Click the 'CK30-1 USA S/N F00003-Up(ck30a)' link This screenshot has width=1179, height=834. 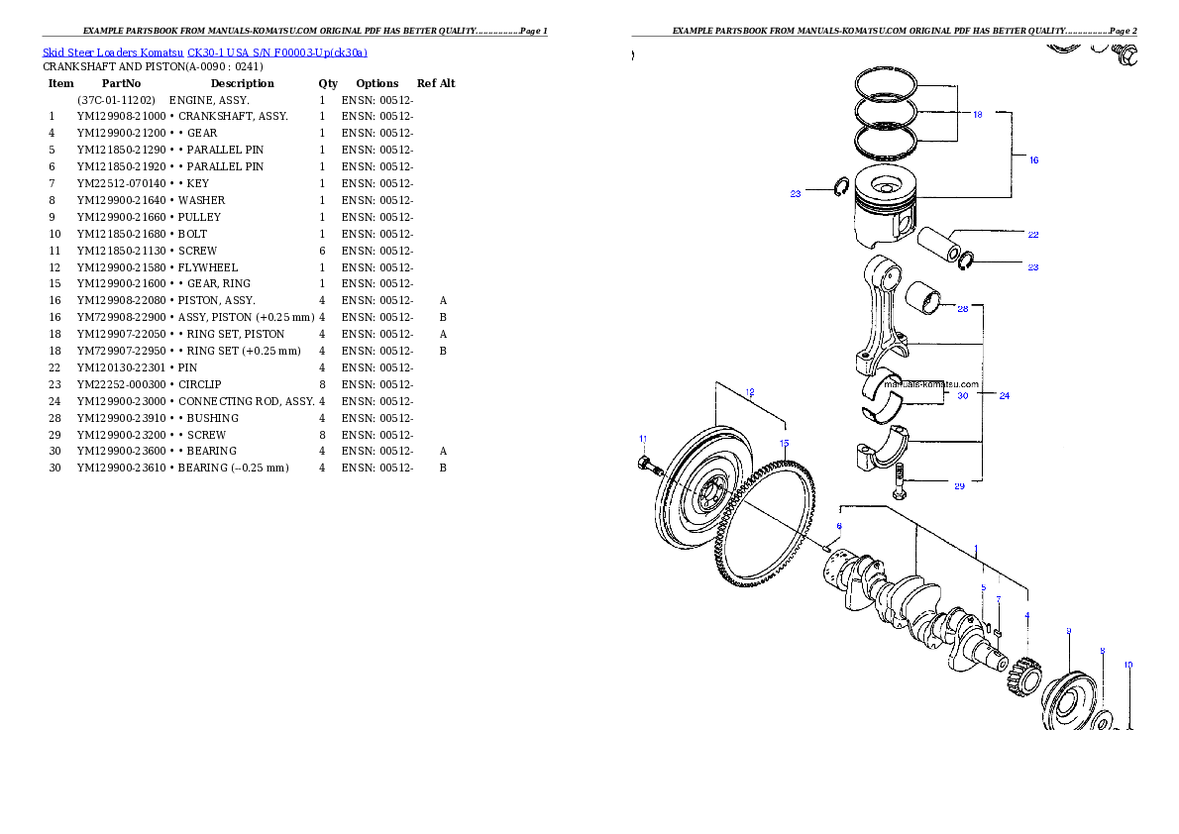pos(277,52)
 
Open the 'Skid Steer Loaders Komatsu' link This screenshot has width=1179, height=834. pos(113,52)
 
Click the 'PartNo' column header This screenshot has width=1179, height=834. pos(121,83)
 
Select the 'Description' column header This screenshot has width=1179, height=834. pos(242,83)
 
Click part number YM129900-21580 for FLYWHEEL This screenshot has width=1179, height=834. pos(121,267)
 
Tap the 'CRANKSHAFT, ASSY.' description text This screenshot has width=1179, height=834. pos(233,117)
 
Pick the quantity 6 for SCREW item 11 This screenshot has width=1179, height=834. pos(323,252)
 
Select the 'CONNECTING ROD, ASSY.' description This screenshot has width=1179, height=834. pos(247,401)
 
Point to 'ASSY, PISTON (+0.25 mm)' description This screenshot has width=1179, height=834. pos(247,317)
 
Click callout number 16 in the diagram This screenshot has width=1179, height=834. pos(1034,160)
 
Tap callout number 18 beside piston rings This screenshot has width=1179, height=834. pos(978,114)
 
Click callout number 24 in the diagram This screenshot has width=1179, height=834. pos(1005,395)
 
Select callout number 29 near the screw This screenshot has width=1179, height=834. pos(959,486)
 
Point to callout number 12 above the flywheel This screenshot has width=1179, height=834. pos(750,392)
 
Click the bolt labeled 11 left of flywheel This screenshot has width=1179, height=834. pos(649,465)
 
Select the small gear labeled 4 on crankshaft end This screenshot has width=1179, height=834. pos(1022,677)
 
